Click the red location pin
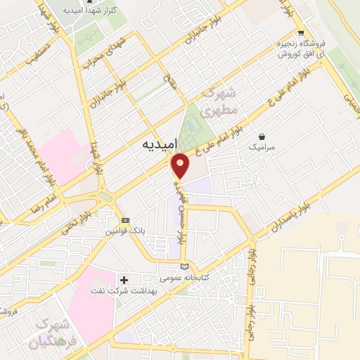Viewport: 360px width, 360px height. pos(181,165)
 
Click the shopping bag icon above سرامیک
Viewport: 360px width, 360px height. pos(262,136)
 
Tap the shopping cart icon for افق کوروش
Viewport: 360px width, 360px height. pos(302,32)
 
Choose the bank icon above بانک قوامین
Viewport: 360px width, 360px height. pos(126,220)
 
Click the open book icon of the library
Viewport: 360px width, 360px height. pos(185,266)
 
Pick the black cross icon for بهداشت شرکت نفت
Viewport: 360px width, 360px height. pos(124,280)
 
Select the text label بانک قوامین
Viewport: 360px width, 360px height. pos(127,231)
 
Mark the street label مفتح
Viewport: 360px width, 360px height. pos(169,82)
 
